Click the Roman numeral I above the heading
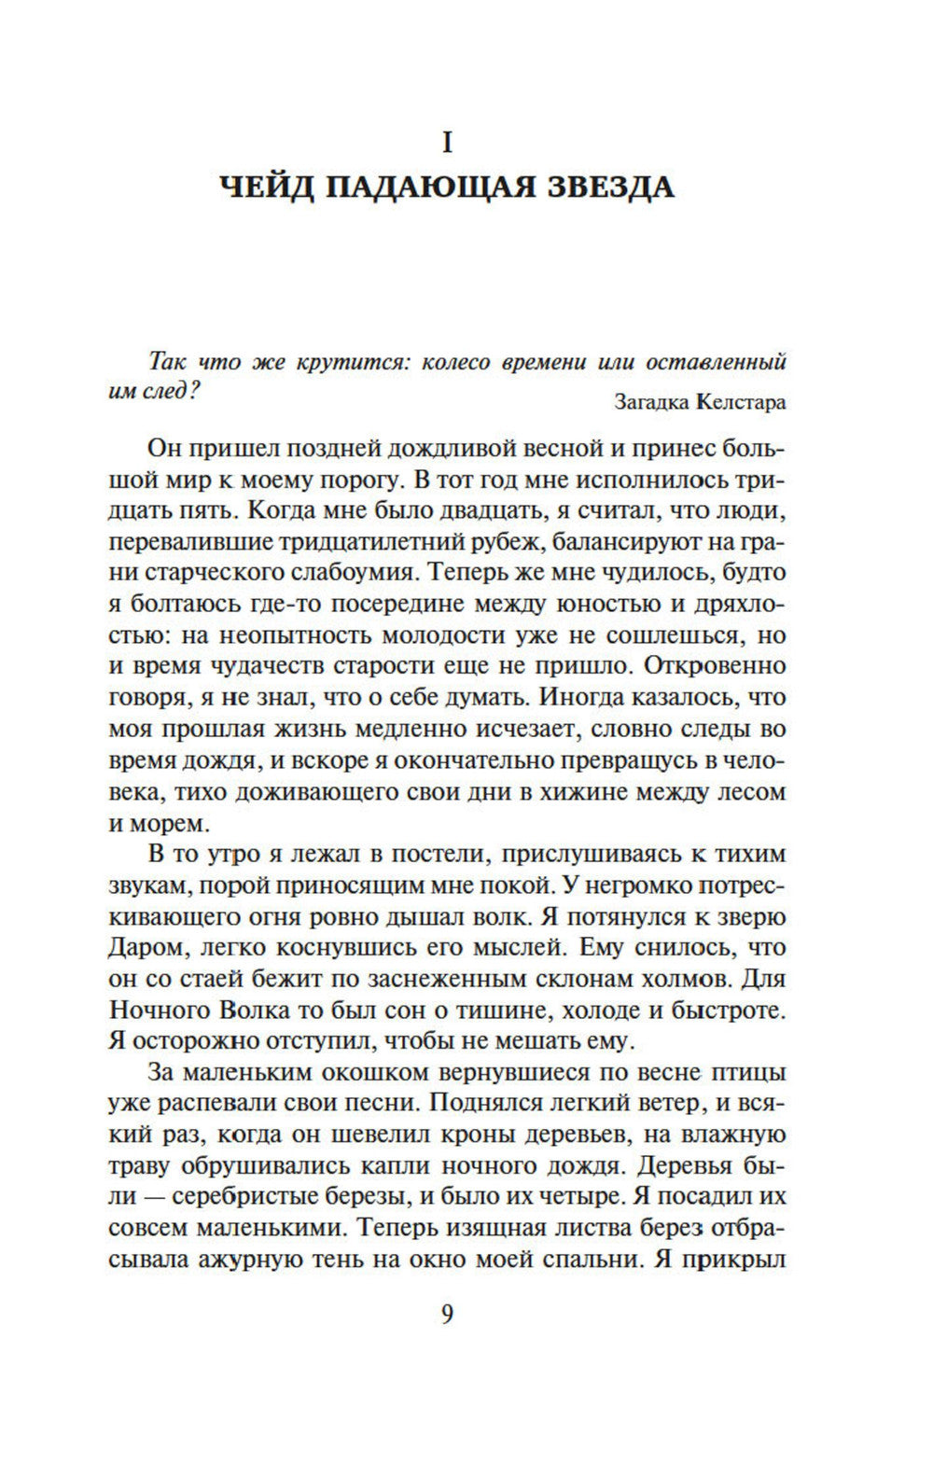pos(447,143)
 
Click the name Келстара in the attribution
pos(741,402)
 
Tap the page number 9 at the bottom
pos(447,1315)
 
